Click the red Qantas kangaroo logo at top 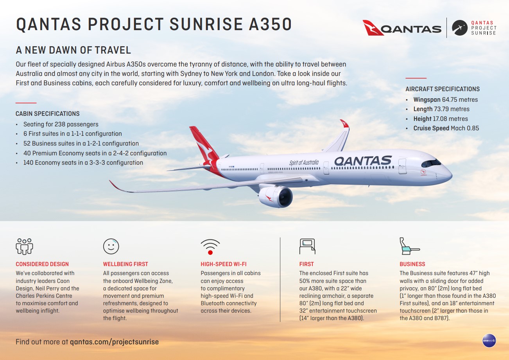373,28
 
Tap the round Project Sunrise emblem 459,28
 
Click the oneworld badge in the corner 489,340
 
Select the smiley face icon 111,246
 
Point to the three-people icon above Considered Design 24,246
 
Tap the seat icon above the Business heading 409,246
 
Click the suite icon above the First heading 307,246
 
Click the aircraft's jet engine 275,196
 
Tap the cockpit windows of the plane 431,163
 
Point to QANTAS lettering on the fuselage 363,161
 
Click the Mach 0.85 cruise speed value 465,128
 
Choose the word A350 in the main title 270,24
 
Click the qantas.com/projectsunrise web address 114,342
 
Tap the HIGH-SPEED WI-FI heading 224,264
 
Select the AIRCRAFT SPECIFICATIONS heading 443,89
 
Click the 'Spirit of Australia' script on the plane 304,162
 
